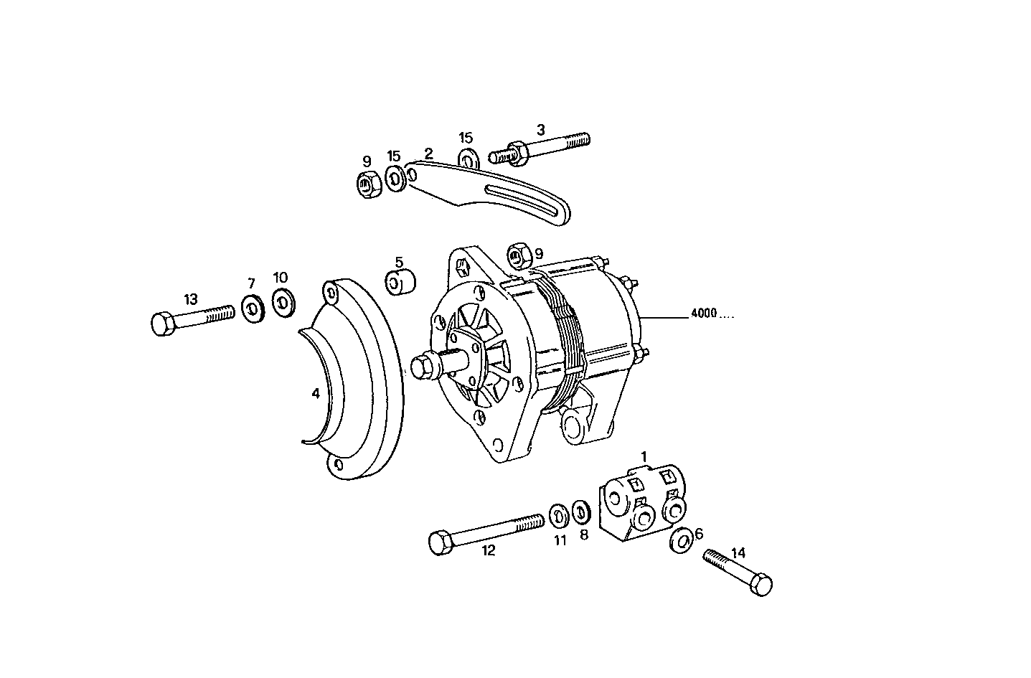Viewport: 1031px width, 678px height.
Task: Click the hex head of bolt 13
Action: (163, 324)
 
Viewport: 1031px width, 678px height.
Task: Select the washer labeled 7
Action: (252, 309)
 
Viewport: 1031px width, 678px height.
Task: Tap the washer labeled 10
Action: (282, 303)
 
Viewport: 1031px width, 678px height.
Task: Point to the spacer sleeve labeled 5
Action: (400, 281)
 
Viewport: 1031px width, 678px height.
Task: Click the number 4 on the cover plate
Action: (315, 393)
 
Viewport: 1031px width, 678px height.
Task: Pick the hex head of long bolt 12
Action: (439, 542)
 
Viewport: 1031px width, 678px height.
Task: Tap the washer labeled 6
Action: (681, 540)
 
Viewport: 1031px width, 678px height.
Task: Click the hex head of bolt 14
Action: (761, 584)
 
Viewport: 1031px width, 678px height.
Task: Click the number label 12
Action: (488, 551)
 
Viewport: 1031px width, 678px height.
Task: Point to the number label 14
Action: (738, 552)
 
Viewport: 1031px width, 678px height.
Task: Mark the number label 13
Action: (190, 299)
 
